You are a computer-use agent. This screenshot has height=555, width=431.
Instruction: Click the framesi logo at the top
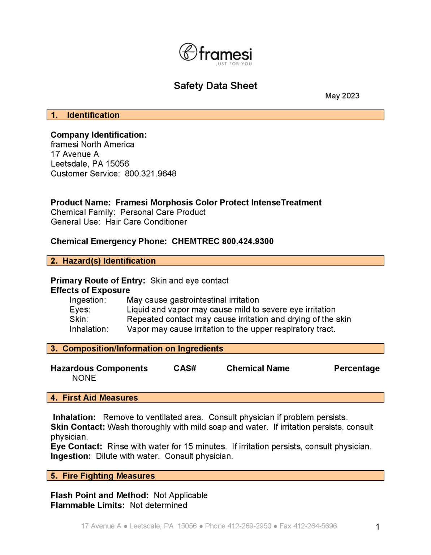click(x=215, y=54)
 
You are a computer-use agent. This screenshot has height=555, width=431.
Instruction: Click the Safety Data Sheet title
click(x=215, y=86)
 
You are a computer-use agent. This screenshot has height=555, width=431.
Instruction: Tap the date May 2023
click(x=342, y=96)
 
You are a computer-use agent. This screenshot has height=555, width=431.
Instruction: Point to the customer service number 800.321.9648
click(x=150, y=174)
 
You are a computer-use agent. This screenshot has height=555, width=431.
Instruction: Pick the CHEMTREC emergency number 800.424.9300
click(x=247, y=241)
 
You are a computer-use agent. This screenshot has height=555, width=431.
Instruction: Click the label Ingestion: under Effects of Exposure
click(x=88, y=300)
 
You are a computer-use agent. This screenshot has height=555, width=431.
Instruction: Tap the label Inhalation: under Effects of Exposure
click(x=89, y=329)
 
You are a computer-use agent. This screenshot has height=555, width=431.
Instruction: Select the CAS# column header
click(x=185, y=369)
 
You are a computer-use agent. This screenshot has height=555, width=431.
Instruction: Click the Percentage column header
click(x=357, y=369)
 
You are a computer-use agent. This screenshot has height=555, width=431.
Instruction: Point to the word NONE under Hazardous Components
click(x=84, y=378)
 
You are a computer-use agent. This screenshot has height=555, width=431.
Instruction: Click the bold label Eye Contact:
click(x=76, y=447)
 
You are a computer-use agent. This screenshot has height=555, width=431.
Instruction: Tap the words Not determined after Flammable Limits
click(x=158, y=505)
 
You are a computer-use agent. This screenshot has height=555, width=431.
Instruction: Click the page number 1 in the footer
click(x=378, y=527)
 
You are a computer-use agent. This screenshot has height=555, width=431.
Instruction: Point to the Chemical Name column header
click(x=258, y=369)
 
